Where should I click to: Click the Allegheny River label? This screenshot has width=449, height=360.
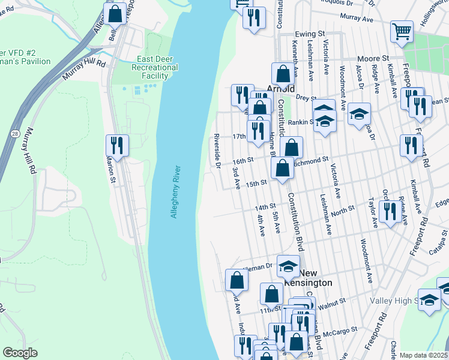tap(174, 191)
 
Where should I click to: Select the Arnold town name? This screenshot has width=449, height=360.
tap(280, 88)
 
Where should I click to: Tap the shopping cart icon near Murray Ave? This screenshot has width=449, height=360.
tap(402, 31)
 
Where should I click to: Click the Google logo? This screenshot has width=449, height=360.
tap(20, 353)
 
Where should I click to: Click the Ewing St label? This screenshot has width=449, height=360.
tap(309, 34)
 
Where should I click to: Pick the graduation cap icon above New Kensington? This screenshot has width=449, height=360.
tap(288, 265)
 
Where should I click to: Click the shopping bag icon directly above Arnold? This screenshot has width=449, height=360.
tap(282, 74)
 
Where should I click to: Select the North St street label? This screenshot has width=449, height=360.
tap(343, 211)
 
